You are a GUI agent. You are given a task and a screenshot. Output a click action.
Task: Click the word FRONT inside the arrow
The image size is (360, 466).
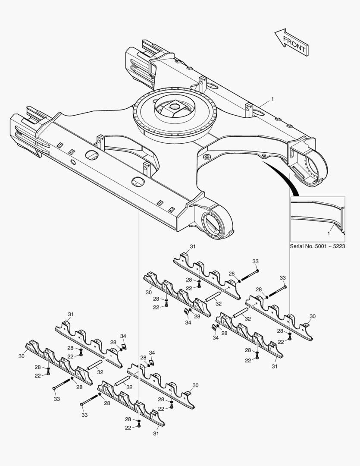coord(294,44)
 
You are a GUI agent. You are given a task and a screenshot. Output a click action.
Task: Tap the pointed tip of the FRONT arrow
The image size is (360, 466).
coord(275,31)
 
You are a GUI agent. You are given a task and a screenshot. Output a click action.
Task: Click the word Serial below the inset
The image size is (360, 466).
coord(297,246)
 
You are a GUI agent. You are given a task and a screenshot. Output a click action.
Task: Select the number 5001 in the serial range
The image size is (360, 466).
coord(320,246)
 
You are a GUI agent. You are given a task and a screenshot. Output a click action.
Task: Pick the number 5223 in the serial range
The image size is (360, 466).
coord(339,246)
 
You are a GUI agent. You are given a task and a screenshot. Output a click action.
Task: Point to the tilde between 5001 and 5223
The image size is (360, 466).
coord(330,247)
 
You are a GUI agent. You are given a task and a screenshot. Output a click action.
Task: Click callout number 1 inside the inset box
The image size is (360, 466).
coord(329,233)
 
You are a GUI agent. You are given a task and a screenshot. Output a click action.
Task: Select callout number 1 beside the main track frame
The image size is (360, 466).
coord(272,99)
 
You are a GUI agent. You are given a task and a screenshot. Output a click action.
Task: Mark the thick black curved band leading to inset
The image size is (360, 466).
coord(282,177)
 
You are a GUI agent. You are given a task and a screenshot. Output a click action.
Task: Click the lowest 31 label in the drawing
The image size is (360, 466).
coord(156,434)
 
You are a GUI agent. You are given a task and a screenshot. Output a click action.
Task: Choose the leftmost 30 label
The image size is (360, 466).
coord(22,356)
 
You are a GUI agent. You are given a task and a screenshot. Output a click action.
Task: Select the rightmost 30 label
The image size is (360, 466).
coord(313,317)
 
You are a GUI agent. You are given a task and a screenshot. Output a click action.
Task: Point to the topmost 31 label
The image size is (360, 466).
coord(193,246)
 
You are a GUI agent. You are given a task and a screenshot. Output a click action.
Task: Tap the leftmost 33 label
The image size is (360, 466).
coord(57,399)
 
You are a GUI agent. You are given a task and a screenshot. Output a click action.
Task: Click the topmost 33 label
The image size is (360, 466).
coord(255,261)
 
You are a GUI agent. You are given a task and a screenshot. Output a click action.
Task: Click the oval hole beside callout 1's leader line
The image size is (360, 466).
coord(258,113)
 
